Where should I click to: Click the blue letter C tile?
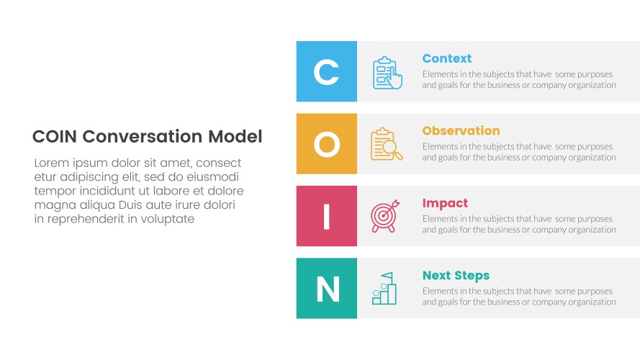326,71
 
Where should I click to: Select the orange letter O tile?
326,144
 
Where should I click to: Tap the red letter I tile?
326,216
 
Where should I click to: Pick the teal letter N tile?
326,289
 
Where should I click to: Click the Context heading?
446,58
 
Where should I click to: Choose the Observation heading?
461,131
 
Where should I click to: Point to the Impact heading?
445,203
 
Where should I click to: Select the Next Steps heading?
456,275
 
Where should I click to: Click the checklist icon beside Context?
387,73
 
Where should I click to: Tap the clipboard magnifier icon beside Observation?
387,144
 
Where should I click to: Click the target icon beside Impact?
383,216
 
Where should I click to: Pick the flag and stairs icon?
384,288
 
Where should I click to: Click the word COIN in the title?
55,137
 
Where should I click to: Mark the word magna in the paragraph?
51,205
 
